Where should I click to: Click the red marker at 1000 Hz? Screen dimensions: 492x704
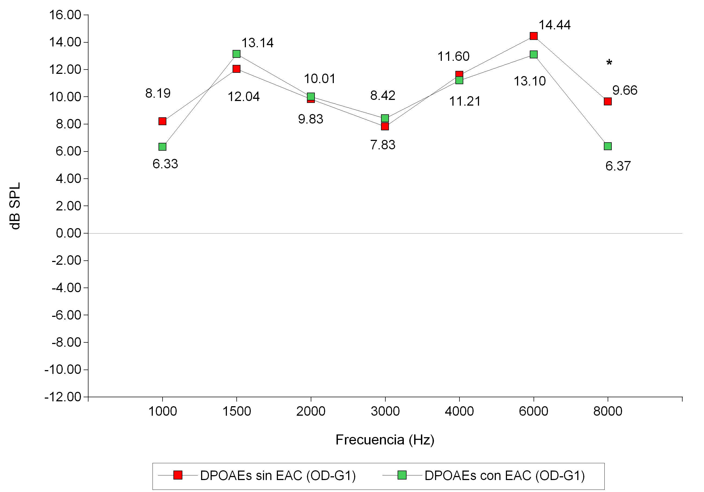(162, 121)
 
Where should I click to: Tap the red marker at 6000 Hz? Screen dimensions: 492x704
(534, 36)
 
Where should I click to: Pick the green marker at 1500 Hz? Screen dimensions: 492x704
(236, 54)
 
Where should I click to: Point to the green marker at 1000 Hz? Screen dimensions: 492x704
(162, 147)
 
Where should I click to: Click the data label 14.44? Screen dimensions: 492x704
(554, 25)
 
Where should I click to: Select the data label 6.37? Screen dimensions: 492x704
(618, 166)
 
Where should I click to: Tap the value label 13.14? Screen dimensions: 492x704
(257, 43)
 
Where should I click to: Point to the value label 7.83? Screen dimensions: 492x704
(383, 145)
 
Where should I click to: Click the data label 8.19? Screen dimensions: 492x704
(158, 93)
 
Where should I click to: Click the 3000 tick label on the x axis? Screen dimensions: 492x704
(385, 411)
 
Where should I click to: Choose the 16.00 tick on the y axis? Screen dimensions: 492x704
(65, 15)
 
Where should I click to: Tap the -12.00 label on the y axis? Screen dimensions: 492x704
(63, 397)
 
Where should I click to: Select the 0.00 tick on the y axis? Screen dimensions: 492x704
(68, 233)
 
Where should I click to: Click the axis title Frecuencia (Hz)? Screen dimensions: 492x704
(385, 440)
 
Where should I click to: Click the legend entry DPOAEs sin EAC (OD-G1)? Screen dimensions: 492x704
(277, 475)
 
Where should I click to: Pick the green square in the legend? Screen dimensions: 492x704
(402, 475)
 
